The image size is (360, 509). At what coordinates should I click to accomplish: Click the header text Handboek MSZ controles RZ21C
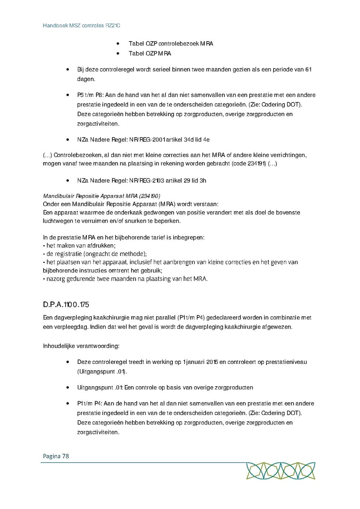[x=82, y=26]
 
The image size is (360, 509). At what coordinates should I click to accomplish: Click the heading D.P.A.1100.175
[x=66, y=305]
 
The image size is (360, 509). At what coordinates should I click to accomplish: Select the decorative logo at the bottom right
[x=280, y=471]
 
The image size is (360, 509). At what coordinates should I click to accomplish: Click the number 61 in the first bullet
[x=308, y=70]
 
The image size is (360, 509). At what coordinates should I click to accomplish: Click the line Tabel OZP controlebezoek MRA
[x=170, y=44]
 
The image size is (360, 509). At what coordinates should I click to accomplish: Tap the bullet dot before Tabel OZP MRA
[x=118, y=54]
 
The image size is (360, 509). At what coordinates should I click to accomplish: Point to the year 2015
[x=212, y=362]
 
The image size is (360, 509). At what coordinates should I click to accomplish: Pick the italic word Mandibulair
[x=57, y=196]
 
